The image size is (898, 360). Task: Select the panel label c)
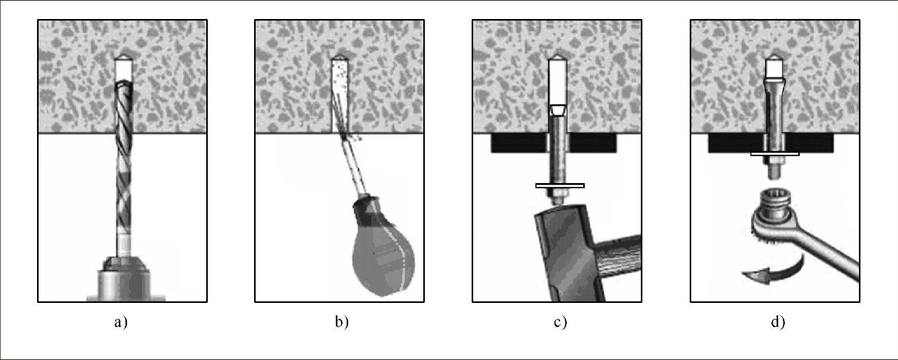(560, 322)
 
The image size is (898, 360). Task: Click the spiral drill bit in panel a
(123, 170)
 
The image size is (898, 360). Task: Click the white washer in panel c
(560, 186)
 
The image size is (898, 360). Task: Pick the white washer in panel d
(775, 153)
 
